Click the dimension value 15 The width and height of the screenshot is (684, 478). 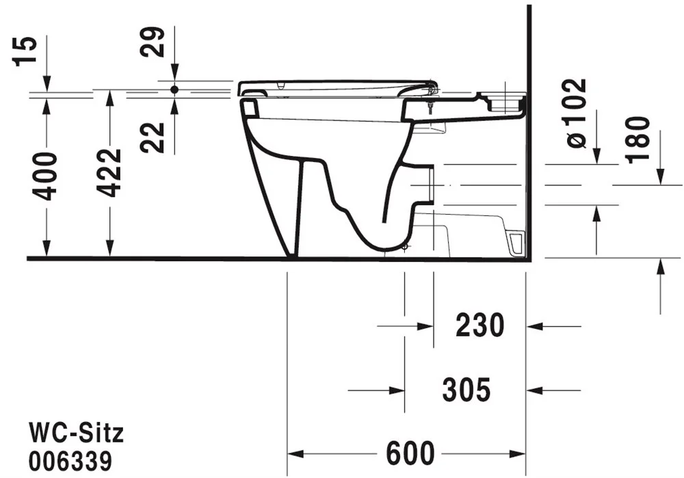(25, 51)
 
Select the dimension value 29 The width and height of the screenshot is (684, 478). (153, 42)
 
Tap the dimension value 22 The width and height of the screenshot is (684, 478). (153, 137)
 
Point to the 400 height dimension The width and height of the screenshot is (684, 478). (45, 176)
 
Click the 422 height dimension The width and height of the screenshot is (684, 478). (109, 173)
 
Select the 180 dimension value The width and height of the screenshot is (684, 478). (638, 140)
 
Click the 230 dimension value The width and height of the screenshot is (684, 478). (480, 326)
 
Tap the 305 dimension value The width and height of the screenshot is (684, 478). (466, 390)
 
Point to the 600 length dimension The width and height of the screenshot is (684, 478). (410, 453)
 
